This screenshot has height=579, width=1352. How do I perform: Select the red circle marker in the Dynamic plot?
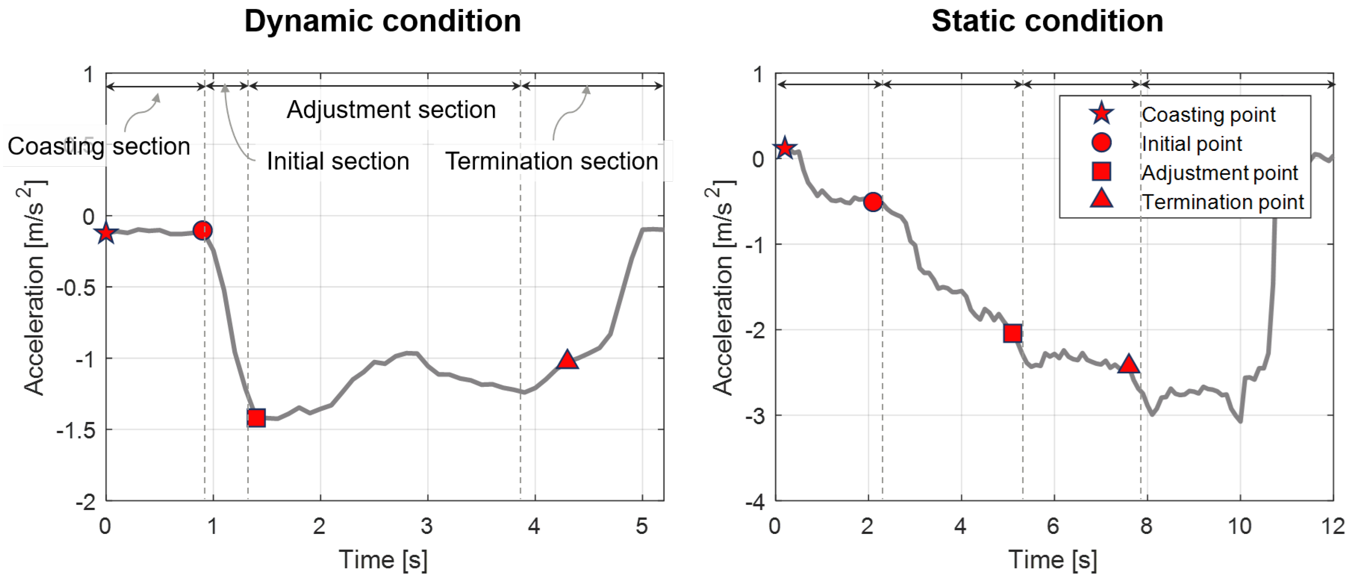(203, 231)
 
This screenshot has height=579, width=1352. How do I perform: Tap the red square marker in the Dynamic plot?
(256, 418)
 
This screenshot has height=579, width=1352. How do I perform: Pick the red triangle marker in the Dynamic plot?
(567, 360)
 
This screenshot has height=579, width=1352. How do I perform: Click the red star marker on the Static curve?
(785, 148)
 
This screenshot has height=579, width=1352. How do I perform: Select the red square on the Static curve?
(1012, 333)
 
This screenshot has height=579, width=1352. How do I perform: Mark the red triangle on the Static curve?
(1128, 364)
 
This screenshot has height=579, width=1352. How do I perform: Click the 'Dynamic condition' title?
(383, 22)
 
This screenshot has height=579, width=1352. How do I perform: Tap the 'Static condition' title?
(1047, 22)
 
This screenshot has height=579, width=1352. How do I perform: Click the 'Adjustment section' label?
(391, 110)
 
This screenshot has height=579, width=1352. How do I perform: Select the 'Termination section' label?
(551, 161)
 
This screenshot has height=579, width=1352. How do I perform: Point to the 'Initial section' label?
(338, 161)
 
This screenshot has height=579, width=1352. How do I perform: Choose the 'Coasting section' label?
(99, 146)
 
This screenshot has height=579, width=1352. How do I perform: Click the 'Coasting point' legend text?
(1208, 114)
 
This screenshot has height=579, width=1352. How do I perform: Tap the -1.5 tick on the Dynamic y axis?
(77, 430)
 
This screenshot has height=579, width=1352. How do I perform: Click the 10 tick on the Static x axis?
(1239, 526)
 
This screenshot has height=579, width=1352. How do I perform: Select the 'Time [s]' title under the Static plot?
(1052, 560)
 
